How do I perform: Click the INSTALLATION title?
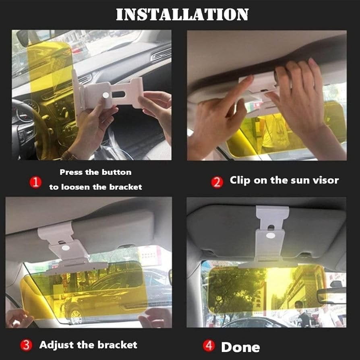[182, 14]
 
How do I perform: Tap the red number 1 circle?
[35, 182]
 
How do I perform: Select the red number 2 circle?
[217, 182]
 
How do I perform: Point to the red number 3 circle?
[26, 345]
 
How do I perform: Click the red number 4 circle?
[209, 346]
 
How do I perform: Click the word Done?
[240, 347]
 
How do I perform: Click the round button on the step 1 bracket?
[106, 95]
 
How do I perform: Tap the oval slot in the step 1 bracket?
[118, 94]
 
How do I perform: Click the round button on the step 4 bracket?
[271, 235]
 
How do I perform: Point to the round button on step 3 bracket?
[65, 248]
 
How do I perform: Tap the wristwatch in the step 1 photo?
[69, 156]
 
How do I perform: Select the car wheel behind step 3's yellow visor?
[76, 317]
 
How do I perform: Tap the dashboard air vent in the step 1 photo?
[161, 55]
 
